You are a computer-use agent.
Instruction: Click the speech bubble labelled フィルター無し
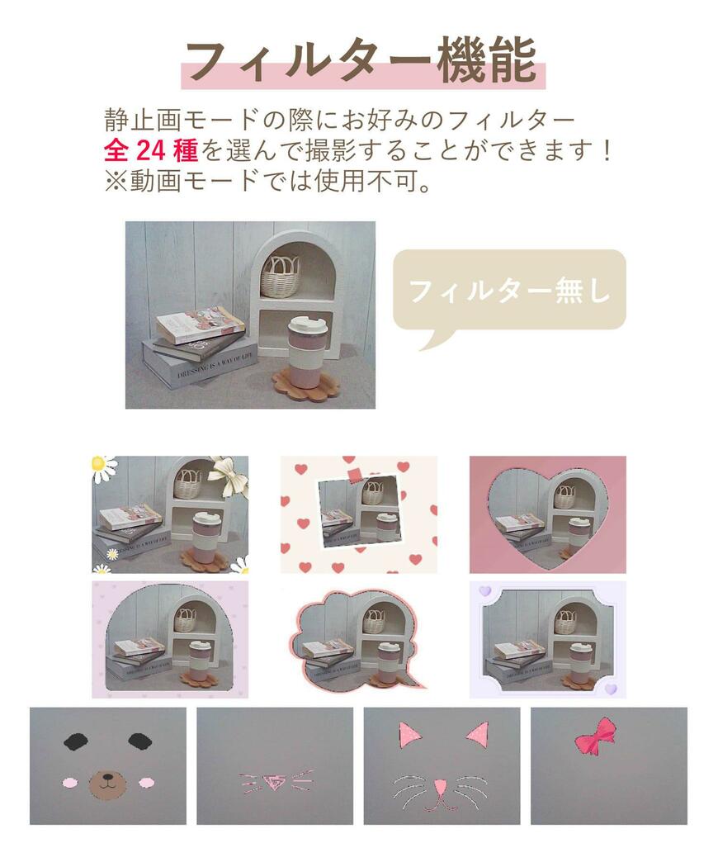point(508,291)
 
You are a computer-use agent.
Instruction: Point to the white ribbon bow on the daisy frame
point(229,476)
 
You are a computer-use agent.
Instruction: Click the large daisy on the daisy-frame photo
point(103,468)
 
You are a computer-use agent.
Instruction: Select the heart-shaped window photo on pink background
point(547,514)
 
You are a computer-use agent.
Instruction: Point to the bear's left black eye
point(75,741)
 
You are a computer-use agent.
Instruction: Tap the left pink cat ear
point(409,734)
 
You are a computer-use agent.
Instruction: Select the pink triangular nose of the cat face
point(442,785)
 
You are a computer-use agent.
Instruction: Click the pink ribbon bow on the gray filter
point(595,734)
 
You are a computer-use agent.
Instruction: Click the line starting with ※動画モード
point(268,180)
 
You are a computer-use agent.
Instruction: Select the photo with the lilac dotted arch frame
point(170,640)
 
